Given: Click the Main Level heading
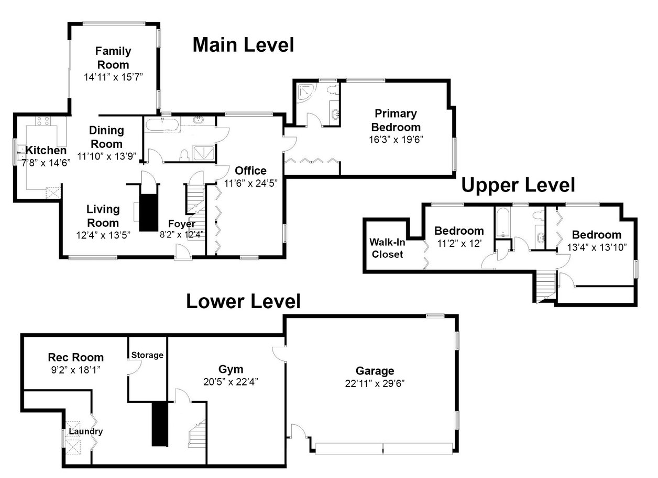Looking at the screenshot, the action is [x=243, y=45].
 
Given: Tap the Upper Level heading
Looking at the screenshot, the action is [x=518, y=185].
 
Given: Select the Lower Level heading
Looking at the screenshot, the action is [x=243, y=301].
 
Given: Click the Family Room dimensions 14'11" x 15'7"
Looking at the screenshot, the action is [x=113, y=77].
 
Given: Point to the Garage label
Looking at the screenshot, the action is [x=375, y=371].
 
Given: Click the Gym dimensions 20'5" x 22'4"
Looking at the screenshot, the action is [x=231, y=382].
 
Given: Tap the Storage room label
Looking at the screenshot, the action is [x=147, y=355].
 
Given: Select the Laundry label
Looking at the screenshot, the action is [x=86, y=431].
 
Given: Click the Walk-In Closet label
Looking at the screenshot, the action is [x=387, y=248].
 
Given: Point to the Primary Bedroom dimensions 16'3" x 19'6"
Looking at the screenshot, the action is [x=396, y=140].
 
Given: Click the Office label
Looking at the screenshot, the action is [x=250, y=170].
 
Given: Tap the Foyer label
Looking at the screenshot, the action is [x=182, y=224].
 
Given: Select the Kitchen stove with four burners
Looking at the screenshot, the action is [x=43, y=121].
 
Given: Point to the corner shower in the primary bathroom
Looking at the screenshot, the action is [x=306, y=93].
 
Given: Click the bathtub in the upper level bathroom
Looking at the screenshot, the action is [x=503, y=223].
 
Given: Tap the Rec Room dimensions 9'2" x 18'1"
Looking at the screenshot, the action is [x=76, y=370].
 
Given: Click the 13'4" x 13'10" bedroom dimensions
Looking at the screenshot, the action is [x=597, y=247].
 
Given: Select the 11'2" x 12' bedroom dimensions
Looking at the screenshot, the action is [x=459, y=243].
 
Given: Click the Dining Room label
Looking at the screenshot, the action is [x=106, y=137].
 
